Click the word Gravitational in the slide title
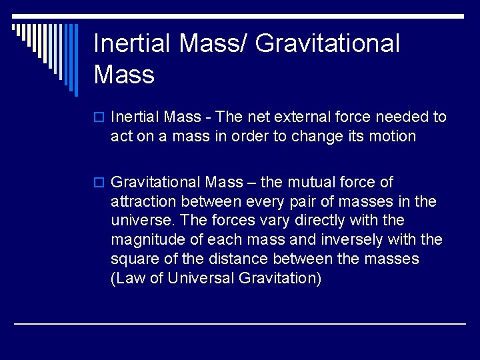click(x=327, y=44)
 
